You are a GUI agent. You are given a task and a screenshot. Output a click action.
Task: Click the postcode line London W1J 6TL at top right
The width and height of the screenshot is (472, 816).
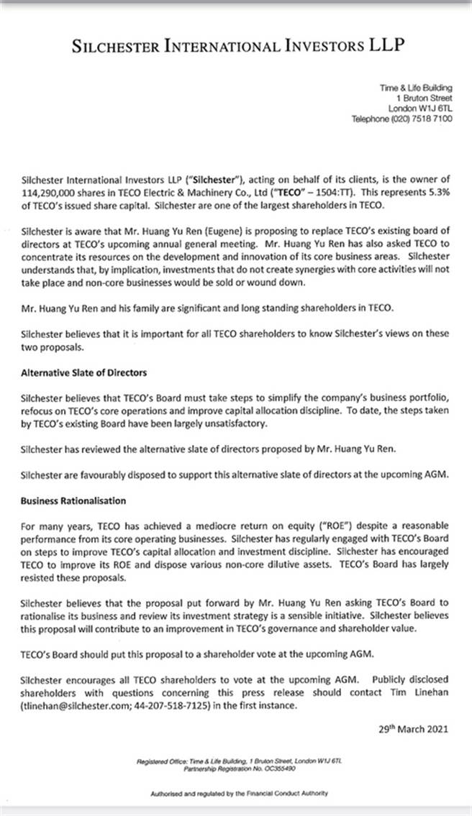(420, 109)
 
